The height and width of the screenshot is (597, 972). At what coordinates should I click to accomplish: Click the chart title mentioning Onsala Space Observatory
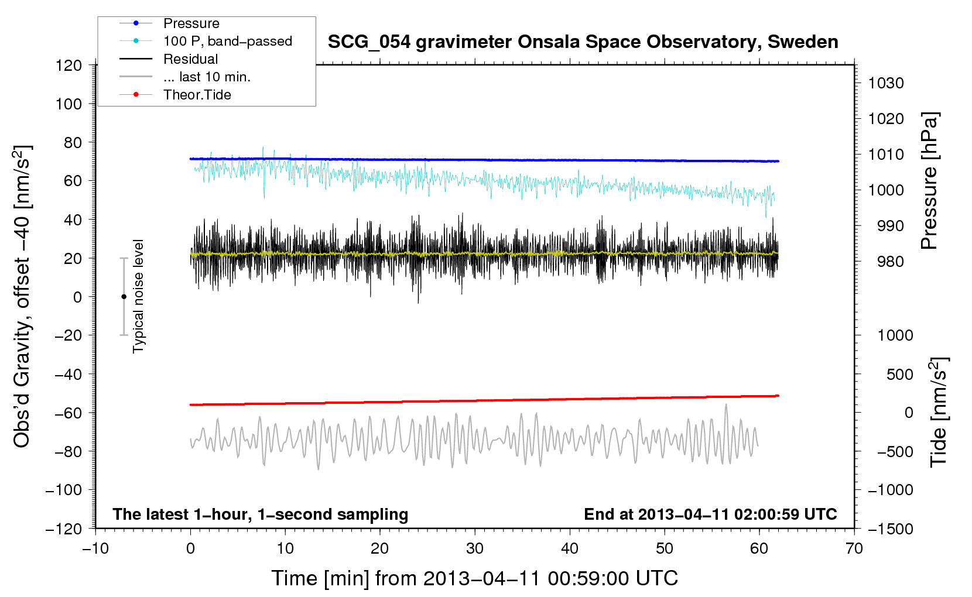pyautogui.click(x=583, y=42)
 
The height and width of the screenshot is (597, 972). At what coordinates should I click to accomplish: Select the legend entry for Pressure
pyautogui.click(x=191, y=23)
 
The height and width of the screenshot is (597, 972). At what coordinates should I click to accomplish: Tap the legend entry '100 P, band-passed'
pyautogui.click(x=227, y=42)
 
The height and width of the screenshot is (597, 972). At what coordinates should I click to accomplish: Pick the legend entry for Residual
pyautogui.click(x=190, y=59)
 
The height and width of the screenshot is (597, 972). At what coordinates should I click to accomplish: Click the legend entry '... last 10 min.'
pyautogui.click(x=207, y=77)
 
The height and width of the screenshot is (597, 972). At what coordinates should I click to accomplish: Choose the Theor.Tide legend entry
pyautogui.click(x=197, y=95)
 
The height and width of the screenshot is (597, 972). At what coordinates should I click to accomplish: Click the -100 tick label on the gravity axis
pyautogui.click(x=64, y=490)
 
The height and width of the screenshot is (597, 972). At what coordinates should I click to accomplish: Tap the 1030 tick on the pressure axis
pyautogui.click(x=886, y=83)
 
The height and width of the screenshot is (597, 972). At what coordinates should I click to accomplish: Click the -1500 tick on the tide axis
pyautogui.click(x=890, y=529)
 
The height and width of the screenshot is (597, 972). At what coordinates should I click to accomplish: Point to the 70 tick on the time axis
pyautogui.click(x=854, y=548)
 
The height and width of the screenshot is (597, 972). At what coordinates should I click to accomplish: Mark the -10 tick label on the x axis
pyautogui.click(x=95, y=548)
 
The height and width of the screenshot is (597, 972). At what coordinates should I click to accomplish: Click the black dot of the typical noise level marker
pyautogui.click(x=124, y=297)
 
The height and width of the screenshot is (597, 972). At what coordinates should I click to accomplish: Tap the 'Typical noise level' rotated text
pyautogui.click(x=138, y=296)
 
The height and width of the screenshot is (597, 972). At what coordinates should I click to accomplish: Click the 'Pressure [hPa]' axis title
pyautogui.click(x=929, y=181)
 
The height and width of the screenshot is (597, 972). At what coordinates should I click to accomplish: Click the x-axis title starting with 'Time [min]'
pyautogui.click(x=474, y=578)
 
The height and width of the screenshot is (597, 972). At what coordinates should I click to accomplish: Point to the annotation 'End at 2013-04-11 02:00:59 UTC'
pyautogui.click(x=710, y=514)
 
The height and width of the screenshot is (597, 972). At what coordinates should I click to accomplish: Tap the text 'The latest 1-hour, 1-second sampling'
pyautogui.click(x=261, y=514)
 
